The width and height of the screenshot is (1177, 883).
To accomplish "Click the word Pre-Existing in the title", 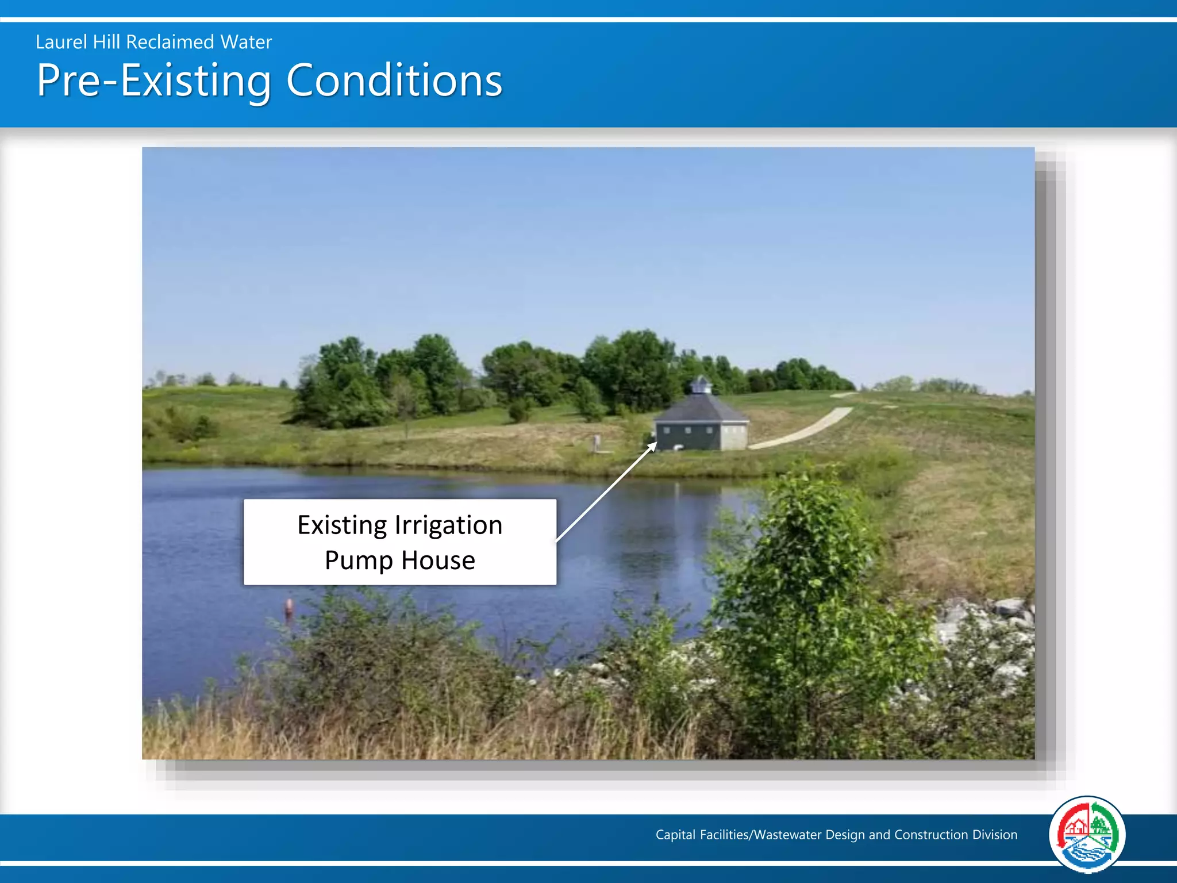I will [x=153, y=80].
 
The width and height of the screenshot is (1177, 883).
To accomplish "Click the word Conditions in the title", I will [x=394, y=80].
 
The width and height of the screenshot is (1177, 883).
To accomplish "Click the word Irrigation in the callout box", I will [x=448, y=525].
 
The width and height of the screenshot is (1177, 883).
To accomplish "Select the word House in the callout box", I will [x=438, y=560].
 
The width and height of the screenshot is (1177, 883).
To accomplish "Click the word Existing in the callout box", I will [x=342, y=525].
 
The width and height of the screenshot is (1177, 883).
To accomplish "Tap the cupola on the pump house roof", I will [x=701, y=384].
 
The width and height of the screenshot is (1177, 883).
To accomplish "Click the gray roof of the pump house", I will [x=702, y=409].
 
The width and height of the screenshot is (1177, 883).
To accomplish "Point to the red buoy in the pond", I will [x=289, y=605].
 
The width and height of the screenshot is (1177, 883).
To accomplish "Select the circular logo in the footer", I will [x=1087, y=834].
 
